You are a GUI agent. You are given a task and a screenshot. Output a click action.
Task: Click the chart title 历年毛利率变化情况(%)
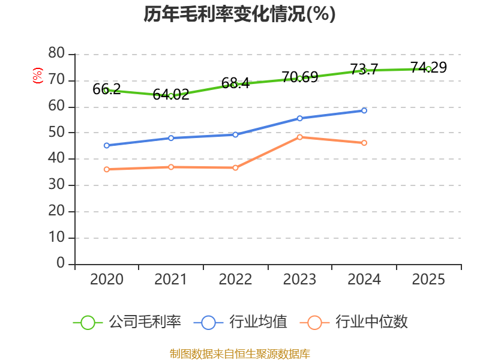tap(239, 14)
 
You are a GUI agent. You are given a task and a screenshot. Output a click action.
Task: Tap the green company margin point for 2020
tap(106, 91)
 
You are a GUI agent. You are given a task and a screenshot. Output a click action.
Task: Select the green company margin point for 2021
tap(171, 96)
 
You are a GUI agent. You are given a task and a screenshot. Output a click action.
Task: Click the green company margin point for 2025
tap(428, 69)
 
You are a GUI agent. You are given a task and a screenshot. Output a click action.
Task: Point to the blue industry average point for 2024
tap(364, 110)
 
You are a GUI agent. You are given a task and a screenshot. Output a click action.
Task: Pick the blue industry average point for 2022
tap(235, 134)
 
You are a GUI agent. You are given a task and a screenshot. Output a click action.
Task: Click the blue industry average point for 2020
tap(106, 145)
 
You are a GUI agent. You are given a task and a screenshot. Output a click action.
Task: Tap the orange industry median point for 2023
tap(300, 137)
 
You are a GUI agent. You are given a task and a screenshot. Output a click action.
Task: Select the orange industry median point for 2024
tap(364, 143)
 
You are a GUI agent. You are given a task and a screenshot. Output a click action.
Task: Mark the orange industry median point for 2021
tap(171, 167)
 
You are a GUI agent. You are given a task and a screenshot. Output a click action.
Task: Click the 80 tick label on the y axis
tap(56, 54)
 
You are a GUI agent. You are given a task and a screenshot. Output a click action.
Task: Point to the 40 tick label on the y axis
tap(56, 159)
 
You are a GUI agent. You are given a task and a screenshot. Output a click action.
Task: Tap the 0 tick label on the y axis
tap(61, 264)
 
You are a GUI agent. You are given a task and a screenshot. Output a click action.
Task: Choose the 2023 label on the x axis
tap(300, 280)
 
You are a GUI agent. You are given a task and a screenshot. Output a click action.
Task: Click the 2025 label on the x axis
tap(428, 280)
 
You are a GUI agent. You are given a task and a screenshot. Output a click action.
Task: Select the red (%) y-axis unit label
tap(38, 76)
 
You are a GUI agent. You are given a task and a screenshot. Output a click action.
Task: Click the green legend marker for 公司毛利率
tap(88, 322)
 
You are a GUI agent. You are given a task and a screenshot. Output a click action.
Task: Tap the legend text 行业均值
tap(259, 322)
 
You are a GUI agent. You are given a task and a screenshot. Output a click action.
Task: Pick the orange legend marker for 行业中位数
tap(314, 322)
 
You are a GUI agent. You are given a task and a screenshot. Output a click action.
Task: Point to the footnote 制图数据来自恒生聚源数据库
tap(239, 353)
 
